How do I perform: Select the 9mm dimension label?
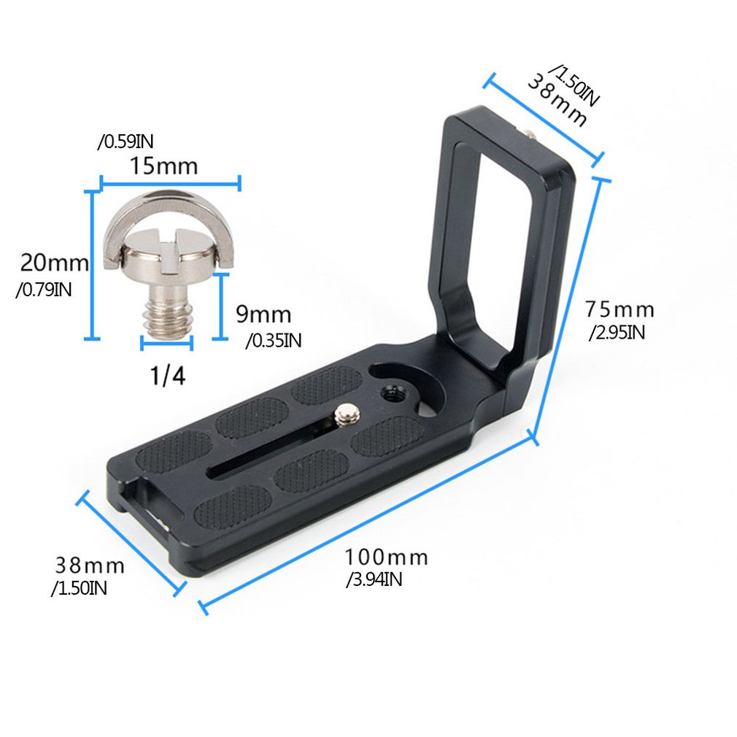[x=263, y=315]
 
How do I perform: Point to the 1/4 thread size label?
[x=167, y=376]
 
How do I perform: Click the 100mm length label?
[x=386, y=558]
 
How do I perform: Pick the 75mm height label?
[x=619, y=310]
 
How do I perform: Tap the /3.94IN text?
[x=374, y=580]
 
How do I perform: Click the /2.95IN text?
[x=617, y=333]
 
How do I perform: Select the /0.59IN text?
[x=125, y=142]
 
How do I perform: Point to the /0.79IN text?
[x=43, y=290]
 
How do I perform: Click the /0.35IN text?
[x=273, y=339]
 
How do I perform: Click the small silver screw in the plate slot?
[x=344, y=415]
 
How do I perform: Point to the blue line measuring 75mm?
[x=569, y=306]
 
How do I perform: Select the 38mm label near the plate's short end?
[x=90, y=566]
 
